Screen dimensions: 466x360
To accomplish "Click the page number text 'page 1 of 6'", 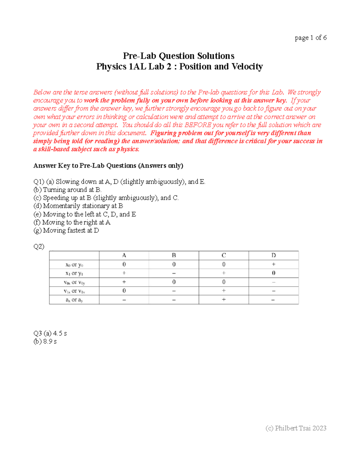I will click(310, 38).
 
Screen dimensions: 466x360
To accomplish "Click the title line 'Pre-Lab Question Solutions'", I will click(179, 56).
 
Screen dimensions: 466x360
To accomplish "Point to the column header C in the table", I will click(224, 255).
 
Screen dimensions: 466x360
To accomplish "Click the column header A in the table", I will click(124, 255).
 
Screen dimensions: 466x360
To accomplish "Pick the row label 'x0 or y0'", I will click(74, 265).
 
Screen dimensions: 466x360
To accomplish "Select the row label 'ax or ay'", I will click(74, 300).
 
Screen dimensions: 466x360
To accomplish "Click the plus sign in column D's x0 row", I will click(273, 264).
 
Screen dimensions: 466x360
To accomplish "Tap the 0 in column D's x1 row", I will click(273, 273).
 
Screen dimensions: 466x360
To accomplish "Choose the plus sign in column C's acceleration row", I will click(224, 299).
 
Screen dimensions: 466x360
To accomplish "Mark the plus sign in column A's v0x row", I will click(124, 282).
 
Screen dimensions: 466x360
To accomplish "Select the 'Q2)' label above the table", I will click(39, 247).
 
